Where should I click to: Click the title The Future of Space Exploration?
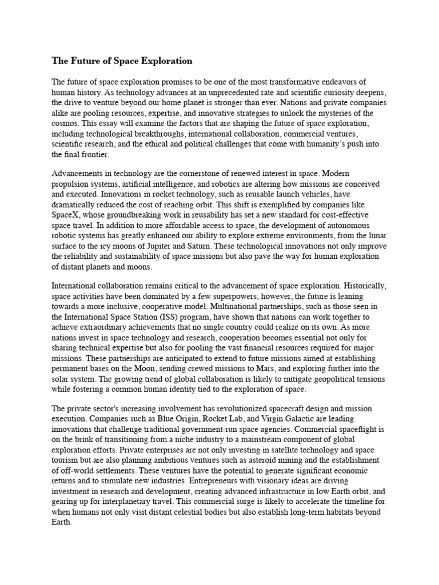click(122, 61)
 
